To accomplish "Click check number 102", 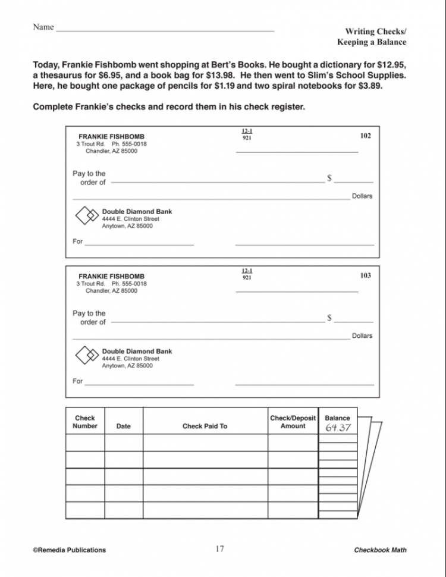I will pyautogui.click(x=365, y=136).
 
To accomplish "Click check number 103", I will pyautogui.click(x=365, y=275).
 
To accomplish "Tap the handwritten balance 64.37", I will pyautogui.click(x=338, y=428).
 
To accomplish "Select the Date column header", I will pyautogui.click(x=124, y=426).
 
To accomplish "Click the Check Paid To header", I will pyautogui.click(x=205, y=426).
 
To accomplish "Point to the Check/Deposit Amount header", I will pyautogui.click(x=293, y=422).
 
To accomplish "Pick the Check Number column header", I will pyautogui.click(x=85, y=422).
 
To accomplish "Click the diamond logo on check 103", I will pyautogui.click(x=87, y=356).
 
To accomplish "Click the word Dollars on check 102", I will pyautogui.click(x=362, y=196).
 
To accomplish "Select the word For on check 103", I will pyautogui.click(x=77, y=381).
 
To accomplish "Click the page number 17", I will pyautogui.click(x=219, y=548).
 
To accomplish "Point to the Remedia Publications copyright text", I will pyautogui.click(x=70, y=550).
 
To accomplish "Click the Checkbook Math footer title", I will pyautogui.click(x=380, y=550).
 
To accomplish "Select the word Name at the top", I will pyautogui.click(x=43, y=27).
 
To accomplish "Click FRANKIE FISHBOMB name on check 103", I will pyautogui.click(x=111, y=276).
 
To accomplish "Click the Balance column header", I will pyautogui.click(x=337, y=418).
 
